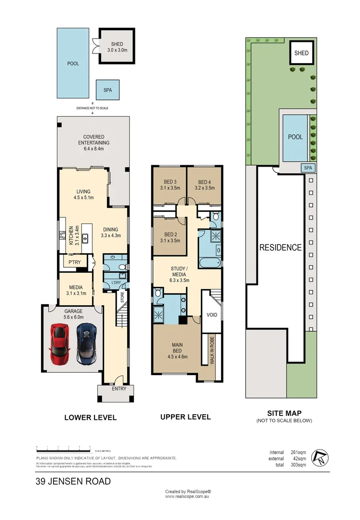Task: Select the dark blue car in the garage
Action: pos(87,344)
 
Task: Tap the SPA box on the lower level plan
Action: pos(107,90)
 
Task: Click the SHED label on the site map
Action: pos(301,53)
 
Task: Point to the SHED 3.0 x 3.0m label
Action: pos(117,47)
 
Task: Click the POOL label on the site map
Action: pos(295,137)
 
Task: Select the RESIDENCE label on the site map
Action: pos(280,248)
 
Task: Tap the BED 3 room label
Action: pos(169,185)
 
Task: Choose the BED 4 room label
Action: pos(204,185)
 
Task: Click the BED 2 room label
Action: pos(169,237)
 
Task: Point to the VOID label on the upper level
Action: pos(212,315)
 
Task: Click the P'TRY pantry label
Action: pos(74,262)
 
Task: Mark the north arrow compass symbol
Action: pos(319,457)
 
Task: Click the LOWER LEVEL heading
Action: pos(91,417)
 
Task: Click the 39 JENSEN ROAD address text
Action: pos(73,481)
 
